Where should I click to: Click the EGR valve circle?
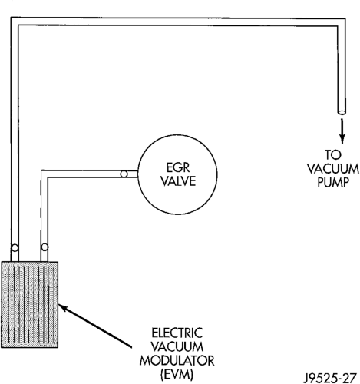(138, 174)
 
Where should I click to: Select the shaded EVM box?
(30, 305)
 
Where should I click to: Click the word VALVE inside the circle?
(178, 181)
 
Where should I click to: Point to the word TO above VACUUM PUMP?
(333, 154)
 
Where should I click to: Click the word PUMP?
(333, 183)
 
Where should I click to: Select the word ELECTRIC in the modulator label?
(177, 333)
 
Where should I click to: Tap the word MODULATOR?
(177, 361)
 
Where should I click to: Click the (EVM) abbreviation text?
(177, 375)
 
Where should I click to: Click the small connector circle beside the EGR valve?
(124, 174)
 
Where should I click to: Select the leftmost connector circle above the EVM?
(15, 248)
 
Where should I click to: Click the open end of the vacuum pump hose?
(342, 112)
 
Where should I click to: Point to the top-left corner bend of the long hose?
(15, 22)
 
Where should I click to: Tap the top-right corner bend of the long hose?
(341, 22)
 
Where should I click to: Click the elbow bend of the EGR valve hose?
(45, 174)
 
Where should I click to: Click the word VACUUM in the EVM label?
(177, 347)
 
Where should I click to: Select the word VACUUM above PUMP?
(333, 169)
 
